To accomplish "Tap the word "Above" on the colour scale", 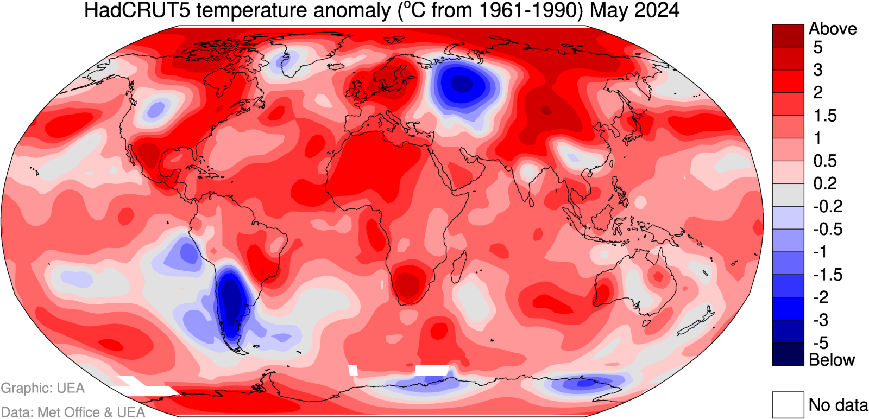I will (x=833, y=29).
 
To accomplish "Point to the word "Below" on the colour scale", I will (x=832, y=360).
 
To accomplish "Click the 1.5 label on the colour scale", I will (x=824, y=116).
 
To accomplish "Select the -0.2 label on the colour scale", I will (x=827, y=206).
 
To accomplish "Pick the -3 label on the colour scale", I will (x=820, y=320).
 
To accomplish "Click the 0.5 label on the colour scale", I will (x=824, y=161).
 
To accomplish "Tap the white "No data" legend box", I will (x=788, y=405).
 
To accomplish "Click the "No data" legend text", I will (x=838, y=405).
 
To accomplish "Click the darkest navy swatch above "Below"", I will (x=788, y=354).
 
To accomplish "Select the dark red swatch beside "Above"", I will (x=788, y=35).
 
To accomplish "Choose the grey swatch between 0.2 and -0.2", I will (x=788, y=195).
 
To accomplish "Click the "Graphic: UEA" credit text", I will (x=42, y=388).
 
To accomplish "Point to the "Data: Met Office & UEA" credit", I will (x=73, y=412).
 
